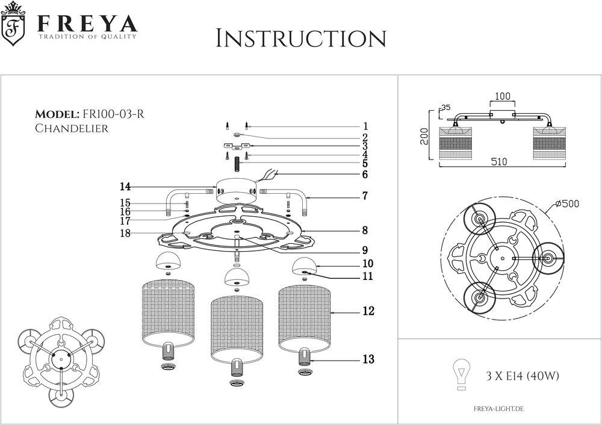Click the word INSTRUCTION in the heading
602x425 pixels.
tap(300, 39)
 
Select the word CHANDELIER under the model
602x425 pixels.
tap(71, 128)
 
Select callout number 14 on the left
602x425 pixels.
tap(125, 186)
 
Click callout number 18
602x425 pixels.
tap(125, 234)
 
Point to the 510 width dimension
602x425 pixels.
tap(498, 162)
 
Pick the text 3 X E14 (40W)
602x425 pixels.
tap(523, 377)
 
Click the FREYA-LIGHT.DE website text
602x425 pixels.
tap(500, 409)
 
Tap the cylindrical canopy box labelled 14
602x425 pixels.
tap(236, 190)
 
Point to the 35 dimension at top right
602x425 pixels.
tap(446, 108)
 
